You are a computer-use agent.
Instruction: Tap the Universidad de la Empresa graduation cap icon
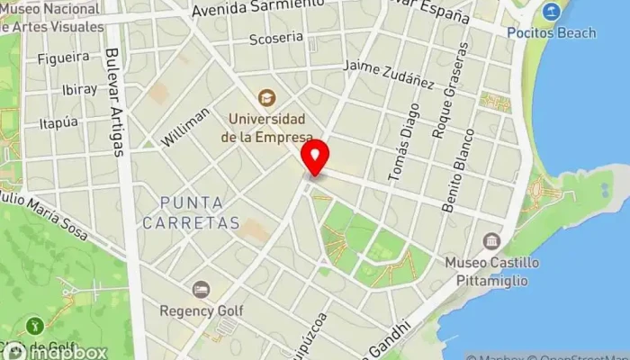[266, 97]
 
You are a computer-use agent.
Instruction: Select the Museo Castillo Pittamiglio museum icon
[491, 241]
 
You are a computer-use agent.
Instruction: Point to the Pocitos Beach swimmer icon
[552, 13]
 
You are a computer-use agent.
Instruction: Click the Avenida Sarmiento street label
[257, 10]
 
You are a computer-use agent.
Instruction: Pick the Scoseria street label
[275, 38]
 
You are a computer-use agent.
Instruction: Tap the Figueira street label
[62, 58]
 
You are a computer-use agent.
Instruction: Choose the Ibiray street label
[78, 90]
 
